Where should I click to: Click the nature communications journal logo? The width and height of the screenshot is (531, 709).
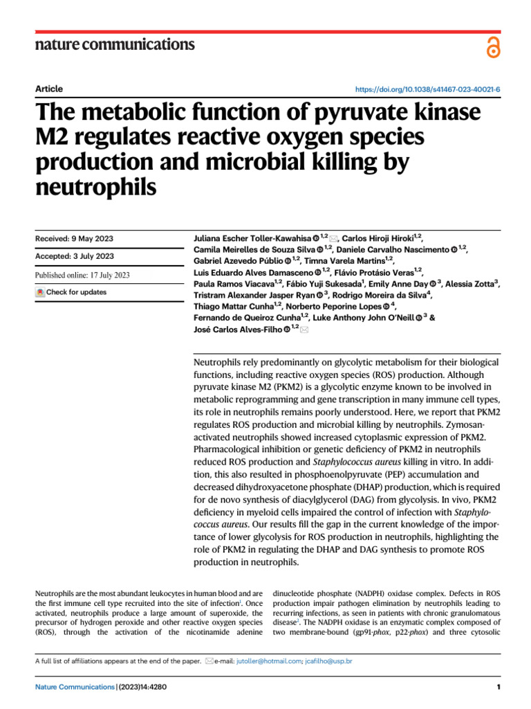tap(115, 44)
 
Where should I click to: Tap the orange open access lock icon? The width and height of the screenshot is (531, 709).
tap(492, 47)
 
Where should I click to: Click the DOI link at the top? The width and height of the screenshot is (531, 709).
tap(427, 89)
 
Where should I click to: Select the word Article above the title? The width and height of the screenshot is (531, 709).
tap(48, 89)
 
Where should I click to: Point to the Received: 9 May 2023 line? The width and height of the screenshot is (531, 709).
tap(74, 239)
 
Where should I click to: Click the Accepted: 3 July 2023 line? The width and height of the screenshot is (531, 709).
tap(74, 256)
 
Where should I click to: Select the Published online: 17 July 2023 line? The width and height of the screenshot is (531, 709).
tap(82, 275)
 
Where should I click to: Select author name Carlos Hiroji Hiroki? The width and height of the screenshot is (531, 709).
tap(379, 237)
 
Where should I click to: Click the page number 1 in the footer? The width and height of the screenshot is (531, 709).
tap(498, 687)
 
